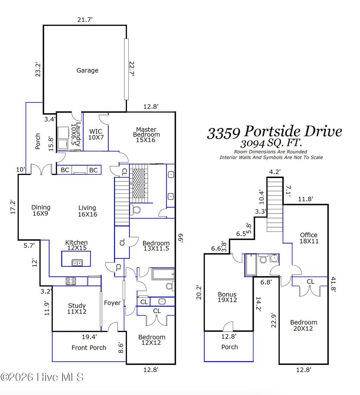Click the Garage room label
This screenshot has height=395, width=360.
(x=87, y=70)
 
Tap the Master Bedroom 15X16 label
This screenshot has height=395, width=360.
(x=146, y=135)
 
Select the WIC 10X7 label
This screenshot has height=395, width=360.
(x=95, y=134)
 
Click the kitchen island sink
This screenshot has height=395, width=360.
(x=77, y=262)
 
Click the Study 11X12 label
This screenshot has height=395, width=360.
(x=77, y=308)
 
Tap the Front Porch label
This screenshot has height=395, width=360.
(x=89, y=348)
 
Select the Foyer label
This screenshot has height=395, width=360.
(x=112, y=303)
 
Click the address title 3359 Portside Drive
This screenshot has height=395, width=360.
(x=274, y=132)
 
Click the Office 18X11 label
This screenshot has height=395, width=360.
(x=309, y=238)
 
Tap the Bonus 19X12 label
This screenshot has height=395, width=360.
(x=227, y=297)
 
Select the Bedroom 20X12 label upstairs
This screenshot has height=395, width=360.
(x=303, y=325)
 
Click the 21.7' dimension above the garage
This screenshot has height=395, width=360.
(x=85, y=20)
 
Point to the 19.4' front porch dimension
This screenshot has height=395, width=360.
(x=89, y=337)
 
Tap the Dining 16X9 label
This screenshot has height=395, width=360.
(x=41, y=210)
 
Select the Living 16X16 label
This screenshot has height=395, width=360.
(x=87, y=211)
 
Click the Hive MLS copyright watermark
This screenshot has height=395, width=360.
(x=42, y=377)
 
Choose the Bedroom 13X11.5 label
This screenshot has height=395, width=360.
(x=156, y=246)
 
